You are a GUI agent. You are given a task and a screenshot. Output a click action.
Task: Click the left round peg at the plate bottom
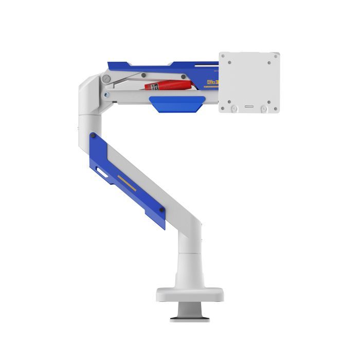click(x=235, y=109)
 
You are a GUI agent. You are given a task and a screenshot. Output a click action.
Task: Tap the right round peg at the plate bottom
click(x=264, y=109)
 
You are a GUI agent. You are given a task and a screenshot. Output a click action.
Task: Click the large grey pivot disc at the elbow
click(x=106, y=79)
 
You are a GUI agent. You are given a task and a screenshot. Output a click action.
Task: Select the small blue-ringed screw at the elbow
click(x=106, y=94)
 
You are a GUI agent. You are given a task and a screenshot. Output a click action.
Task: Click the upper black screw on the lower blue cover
click(x=93, y=136)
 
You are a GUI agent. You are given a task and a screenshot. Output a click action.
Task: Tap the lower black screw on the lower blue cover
click(x=161, y=209)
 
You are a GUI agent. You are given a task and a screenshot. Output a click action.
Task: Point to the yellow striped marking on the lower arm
click(x=127, y=182)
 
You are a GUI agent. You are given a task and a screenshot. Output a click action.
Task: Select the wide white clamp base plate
click(x=190, y=295)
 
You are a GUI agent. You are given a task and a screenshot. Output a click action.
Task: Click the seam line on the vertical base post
click(x=190, y=254)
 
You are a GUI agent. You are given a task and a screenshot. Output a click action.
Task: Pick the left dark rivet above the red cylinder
click(x=144, y=75)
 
